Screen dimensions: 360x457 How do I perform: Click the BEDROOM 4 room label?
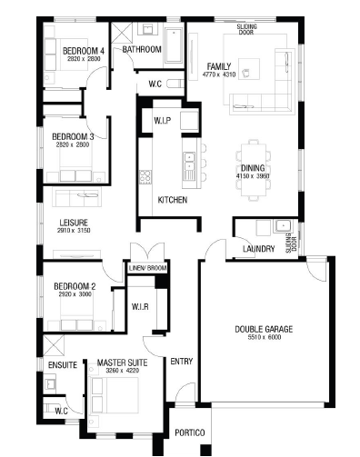tap(84, 51)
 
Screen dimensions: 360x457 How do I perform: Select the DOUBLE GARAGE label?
tap(264, 329)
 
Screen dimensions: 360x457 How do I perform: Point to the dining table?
tap(254, 170)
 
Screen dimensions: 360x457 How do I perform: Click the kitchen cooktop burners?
tap(145, 176)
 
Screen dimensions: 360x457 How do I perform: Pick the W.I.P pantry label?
tap(163, 121)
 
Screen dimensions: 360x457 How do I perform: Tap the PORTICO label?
tap(190, 432)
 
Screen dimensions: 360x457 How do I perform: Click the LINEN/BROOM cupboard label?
tap(147, 268)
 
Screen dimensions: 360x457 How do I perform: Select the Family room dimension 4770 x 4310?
tap(219, 75)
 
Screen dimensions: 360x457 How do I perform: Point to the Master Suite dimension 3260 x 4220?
tap(123, 371)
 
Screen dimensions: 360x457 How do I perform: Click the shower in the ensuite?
tap(54, 345)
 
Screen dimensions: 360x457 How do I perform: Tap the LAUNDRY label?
tap(259, 249)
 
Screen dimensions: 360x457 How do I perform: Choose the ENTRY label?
tap(182, 362)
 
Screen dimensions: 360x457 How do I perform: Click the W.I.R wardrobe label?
tap(140, 307)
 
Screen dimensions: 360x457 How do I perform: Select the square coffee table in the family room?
tap(249, 69)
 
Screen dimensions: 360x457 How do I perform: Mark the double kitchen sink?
tap(189, 162)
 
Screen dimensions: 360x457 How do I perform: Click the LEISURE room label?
tap(74, 223)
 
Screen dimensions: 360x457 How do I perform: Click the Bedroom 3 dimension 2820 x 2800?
tap(73, 144)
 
